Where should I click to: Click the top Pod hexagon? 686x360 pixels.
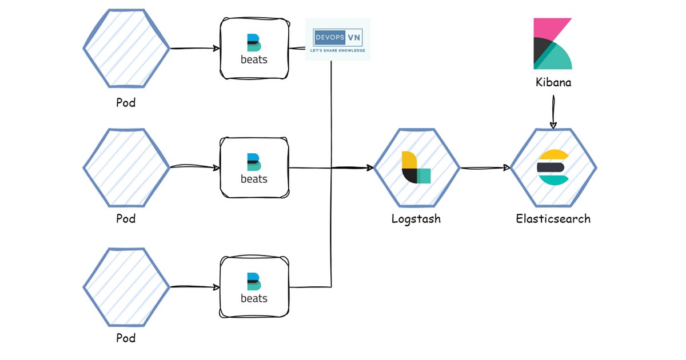pyautogui.click(x=126, y=49)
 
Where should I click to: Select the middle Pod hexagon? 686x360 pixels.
pyautogui.click(x=126, y=168)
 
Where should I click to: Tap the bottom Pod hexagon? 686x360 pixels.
pyautogui.click(x=126, y=287)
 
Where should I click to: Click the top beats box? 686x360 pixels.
pyautogui.click(x=254, y=49)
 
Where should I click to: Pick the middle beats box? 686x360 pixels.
pyautogui.click(x=254, y=168)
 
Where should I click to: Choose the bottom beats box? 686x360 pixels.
pyautogui.click(x=254, y=287)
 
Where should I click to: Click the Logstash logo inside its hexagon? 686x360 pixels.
pyautogui.click(x=416, y=167)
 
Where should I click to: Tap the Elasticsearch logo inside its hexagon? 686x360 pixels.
pyautogui.click(x=553, y=167)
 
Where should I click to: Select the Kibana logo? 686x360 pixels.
pyautogui.click(x=552, y=43)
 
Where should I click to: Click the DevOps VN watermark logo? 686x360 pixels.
pyautogui.click(x=338, y=39)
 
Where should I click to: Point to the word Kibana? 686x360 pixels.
pyautogui.click(x=553, y=82)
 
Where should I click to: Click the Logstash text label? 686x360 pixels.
pyautogui.click(x=416, y=218)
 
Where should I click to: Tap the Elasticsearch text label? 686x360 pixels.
pyautogui.click(x=553, y=218)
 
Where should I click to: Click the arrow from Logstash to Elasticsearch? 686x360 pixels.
pyautogui.click(x=485, y=168)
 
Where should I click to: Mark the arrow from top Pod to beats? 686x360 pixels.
pyautogui.click(x=195, y=49)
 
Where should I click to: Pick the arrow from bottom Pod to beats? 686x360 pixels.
pyautogui.click(x=195, y=287)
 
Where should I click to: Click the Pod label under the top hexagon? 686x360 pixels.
pyautogui.click(x=126, y=103)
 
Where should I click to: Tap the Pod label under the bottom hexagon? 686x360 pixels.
pyautogui.click(x=126, y=338)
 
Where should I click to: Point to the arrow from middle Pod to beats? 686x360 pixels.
pyautogui.click(x=195, y=168)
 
